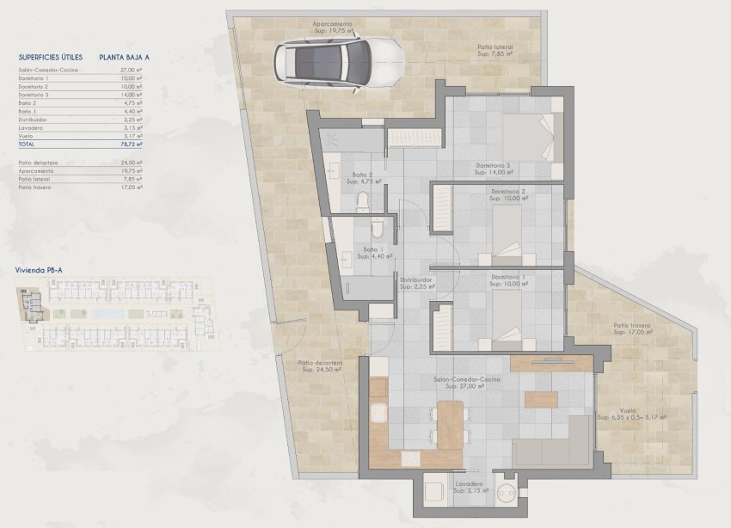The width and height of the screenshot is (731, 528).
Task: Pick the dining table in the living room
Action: (450, 422)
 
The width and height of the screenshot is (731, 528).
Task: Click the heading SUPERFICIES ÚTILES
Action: (50, 57)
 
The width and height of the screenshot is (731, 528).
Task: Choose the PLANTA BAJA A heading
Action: (125, 57)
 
